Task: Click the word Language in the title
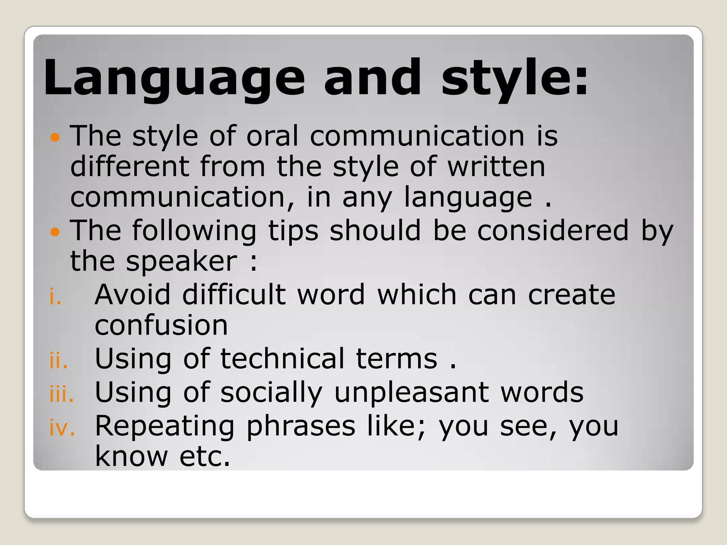(174, 78)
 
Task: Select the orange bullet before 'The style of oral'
(55, 137)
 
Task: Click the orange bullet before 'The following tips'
(55, 232)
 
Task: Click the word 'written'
(496, 167)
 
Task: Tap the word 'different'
(130, 167)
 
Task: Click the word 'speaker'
(182, 262)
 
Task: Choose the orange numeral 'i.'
(55, 297)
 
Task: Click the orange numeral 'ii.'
(59, 361)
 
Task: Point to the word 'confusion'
(161, 325)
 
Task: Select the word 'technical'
(283, 359)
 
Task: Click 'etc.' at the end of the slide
(205, 457)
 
